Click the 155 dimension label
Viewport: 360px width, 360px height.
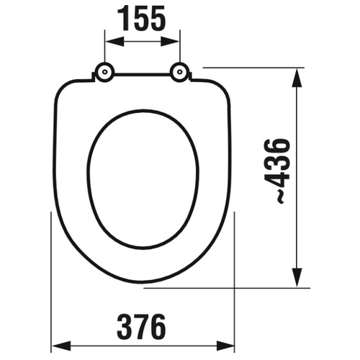(x=141, y=18)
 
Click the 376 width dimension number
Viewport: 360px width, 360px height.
(x=141, y=327)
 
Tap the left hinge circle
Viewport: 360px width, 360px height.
(x=104, y=72)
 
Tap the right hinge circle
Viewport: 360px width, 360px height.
(x=179, y=72)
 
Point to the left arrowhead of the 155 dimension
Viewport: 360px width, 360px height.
(x=114, y=42)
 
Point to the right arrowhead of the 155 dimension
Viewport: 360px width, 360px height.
(x=170, y=42)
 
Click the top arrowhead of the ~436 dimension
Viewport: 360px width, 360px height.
(x=297, y=78)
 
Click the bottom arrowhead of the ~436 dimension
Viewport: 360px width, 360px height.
(x=297, y=277)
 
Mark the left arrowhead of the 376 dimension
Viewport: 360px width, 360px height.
(x=62, y=346)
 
